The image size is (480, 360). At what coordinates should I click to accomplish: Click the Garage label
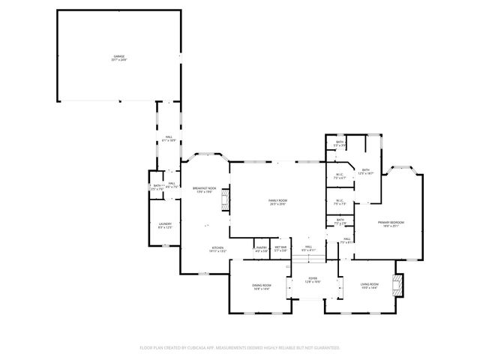point(118,57)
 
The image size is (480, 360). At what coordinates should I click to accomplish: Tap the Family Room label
point(278,202)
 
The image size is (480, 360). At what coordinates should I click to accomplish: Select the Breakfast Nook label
point(204,190)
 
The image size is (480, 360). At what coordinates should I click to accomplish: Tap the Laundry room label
point(165,225)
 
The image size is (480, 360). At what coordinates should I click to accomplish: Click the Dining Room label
point(261,286)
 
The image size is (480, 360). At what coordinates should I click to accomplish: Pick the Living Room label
point(369,285)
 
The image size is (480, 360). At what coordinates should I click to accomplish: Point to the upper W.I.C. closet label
point(340,176)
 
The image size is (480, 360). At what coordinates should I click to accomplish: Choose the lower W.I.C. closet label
point(339,202)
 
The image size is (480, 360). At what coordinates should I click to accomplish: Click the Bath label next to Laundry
point(158,187)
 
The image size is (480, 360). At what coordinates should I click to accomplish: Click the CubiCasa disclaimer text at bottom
point(240,347)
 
